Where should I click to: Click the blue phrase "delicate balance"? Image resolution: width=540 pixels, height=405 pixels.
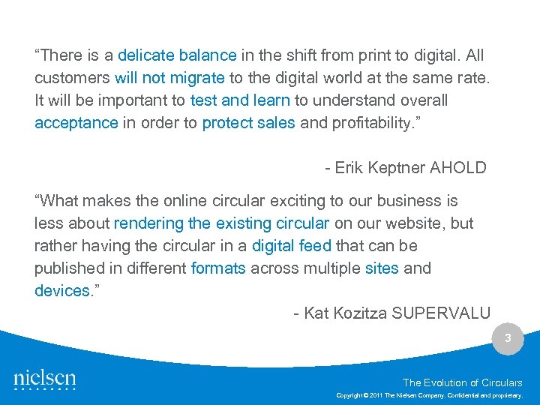point(177,55)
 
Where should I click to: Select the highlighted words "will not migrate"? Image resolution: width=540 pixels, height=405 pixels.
point(169,78)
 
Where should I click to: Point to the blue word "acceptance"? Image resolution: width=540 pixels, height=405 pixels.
point(76,123)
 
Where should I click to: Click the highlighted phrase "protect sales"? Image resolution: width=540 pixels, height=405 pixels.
point(248,123)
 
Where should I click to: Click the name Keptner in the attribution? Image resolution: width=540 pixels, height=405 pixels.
point(394,168)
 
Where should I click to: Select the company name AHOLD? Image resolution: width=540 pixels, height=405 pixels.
point(457,168)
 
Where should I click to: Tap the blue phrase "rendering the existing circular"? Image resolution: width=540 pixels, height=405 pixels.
point(221,223)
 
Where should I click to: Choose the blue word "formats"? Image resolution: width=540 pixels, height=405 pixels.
point(218,268)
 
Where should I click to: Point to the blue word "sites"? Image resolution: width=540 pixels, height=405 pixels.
point(382,268)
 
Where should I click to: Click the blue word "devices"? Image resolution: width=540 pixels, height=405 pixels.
point(62,291)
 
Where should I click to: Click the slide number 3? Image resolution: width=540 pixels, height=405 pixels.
point(508,338)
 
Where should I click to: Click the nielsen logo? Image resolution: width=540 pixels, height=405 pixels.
point(45,379)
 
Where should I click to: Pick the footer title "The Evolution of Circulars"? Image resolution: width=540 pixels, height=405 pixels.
point(463,382)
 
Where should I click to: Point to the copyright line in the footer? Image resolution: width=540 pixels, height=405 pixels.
point(429,394)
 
